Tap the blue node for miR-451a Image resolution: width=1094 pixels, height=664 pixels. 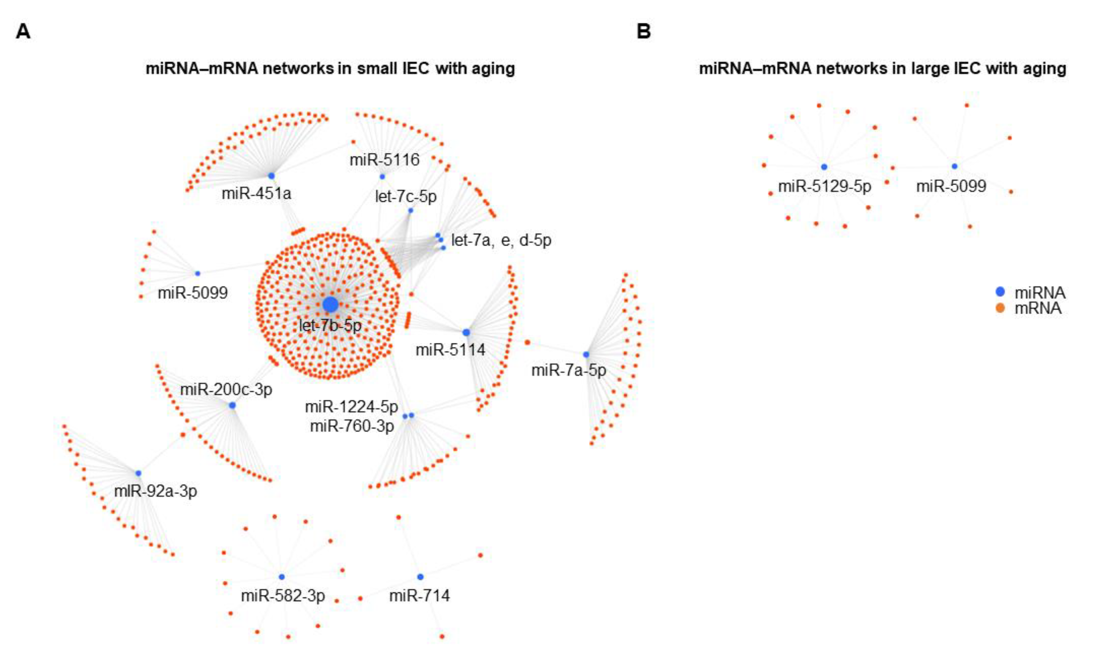tap(271, 176)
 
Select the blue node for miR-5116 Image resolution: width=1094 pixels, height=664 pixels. tap(382, 177)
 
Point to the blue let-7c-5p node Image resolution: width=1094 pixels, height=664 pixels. tap(411, 210)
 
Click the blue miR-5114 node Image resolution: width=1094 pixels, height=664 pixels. tap(466, 332)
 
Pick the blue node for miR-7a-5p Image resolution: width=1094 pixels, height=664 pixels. tap(586, 354)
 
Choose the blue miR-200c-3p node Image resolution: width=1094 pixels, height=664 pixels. tap(232, 405)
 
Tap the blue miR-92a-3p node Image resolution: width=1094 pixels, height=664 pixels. tap(138, 473)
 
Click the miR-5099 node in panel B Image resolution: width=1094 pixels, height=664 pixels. tap(954, 166)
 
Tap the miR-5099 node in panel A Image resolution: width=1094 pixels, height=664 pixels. tap(198, 273)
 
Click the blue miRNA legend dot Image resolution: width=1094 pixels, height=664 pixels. tap(1000, 292)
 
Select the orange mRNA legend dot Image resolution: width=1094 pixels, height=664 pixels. tap(1000, 308)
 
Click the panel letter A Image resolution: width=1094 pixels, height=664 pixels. tap(23, 32)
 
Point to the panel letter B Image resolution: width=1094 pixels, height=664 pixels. tap(644, 32)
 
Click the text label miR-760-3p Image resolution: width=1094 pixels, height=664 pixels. tap(352, 426)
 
